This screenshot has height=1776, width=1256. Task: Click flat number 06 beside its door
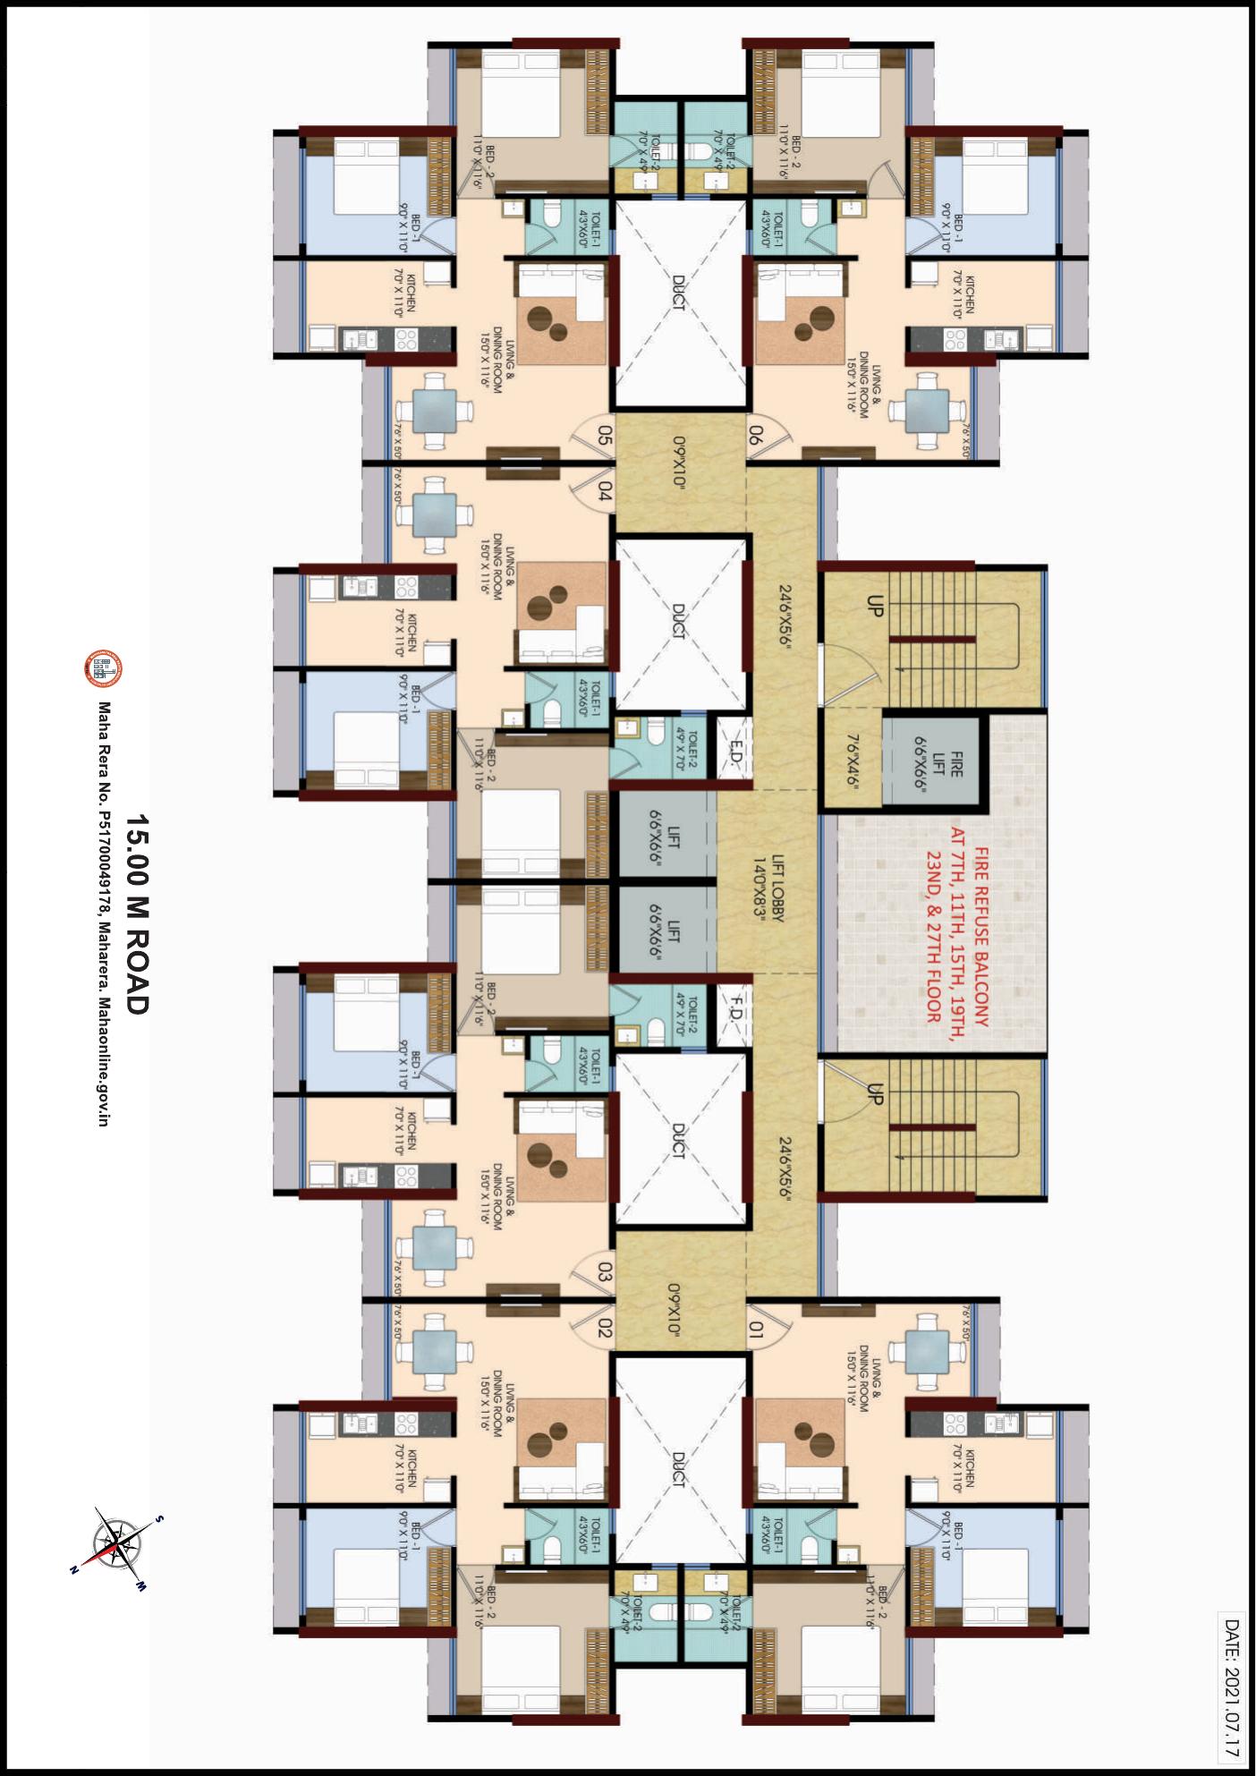coord(756,437)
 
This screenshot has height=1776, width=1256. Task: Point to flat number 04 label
coord(605,492)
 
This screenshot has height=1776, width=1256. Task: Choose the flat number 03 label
coord(605,1271)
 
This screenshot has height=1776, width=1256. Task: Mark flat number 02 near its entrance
coord(605,1328)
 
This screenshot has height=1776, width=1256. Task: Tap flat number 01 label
coord(757,1330)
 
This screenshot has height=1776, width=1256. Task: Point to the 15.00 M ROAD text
coord(136,913)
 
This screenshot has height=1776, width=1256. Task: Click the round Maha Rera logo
coord(103,668)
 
